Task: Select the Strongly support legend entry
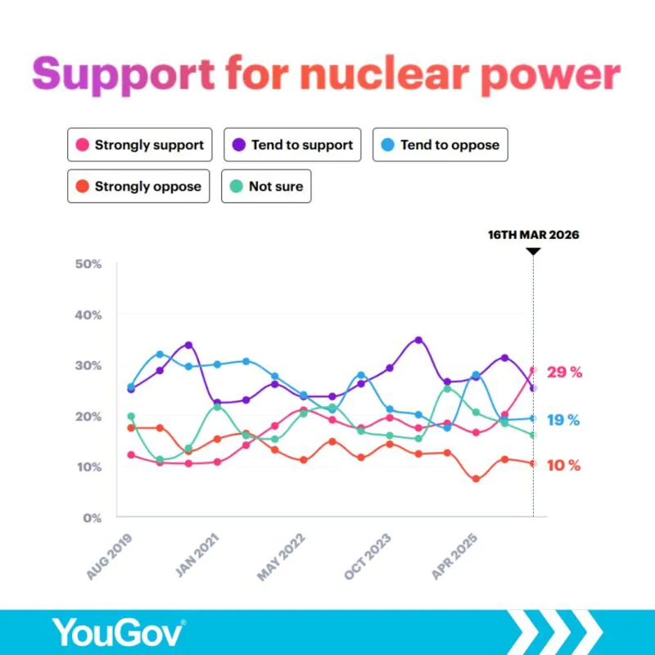[x=139, y=145]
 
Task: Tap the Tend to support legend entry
[x=292, y=145]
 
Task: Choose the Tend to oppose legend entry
[x=440, y=145]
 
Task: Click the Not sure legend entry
[x=266, y=186]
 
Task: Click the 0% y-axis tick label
[x=92, y=517]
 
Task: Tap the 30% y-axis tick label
[x=88, y=366]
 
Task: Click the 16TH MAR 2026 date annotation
[x=533, y=235]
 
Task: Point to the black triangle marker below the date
[x=533, y=251]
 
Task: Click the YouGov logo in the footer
[x=120, y=631]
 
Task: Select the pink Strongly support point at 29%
[x=533, y=371]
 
